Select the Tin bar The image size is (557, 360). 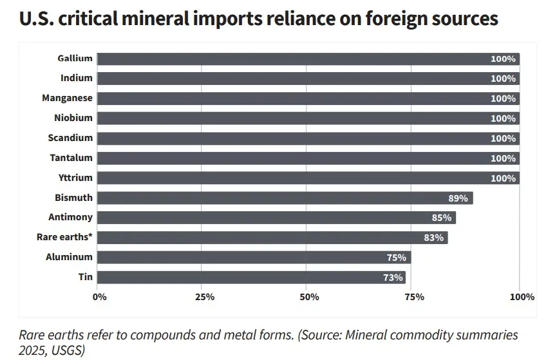(x=252, y=278)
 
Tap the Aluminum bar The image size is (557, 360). (x=255, y=258)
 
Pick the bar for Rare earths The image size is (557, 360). (x=273, y=238)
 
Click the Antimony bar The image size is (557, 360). (x=277, y=218)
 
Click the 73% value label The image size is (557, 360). (x=393, y=278)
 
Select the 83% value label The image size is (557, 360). (x=433, y=238)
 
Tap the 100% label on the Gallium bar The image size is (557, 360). (x=503, y=59)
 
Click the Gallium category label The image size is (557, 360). (x=75, y=58)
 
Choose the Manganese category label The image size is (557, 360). (x=67, y=98)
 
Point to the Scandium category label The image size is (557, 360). (x=70, y=138)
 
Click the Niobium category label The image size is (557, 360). (x=73, y=118)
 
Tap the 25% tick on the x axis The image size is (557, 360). (x=204, y=297)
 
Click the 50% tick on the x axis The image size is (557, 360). (x=309, y=297)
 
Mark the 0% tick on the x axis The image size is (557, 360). (x=99, y=297)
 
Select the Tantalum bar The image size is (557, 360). (x=309, y=158)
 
